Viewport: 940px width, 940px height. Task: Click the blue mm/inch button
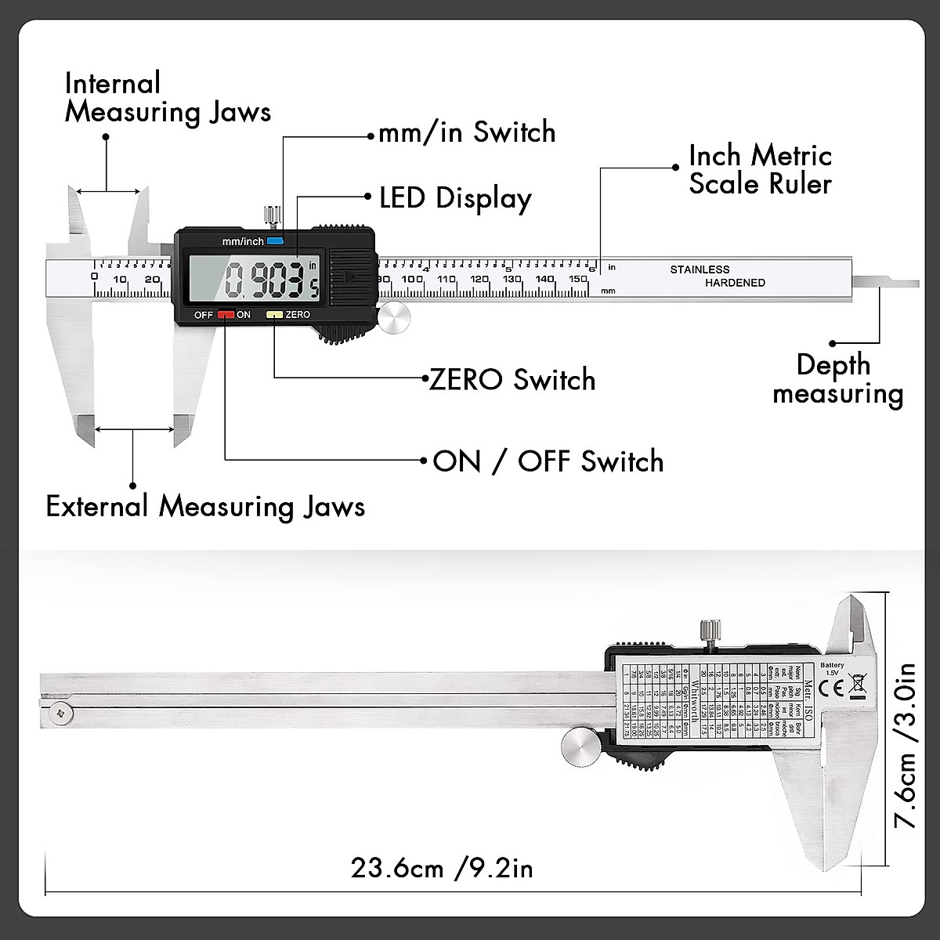tap(275, 241)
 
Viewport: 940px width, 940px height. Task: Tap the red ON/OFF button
tap(226, 315)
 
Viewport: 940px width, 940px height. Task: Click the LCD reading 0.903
tap(264, 280)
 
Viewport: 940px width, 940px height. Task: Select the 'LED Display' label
tap(455, 198)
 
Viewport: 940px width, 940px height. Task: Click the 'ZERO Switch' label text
tap(512, 380)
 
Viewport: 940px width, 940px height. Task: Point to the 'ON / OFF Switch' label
tap(548, 461)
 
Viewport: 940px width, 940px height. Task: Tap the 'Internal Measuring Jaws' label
tap(168, 98)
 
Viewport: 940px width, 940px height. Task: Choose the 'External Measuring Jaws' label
tap(205, 507)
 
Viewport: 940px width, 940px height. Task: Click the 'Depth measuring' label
tap(837, 379)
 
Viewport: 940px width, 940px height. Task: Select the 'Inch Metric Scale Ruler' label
tap(760, 170)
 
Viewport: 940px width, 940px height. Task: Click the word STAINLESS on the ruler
tap(700, 269)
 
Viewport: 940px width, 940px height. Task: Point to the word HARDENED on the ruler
tap(735, 283)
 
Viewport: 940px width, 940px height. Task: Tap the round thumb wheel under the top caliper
tap(393, 318)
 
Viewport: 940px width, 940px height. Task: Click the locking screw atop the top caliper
tap(272, 214)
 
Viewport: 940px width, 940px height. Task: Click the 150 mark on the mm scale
tap(578, 280)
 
